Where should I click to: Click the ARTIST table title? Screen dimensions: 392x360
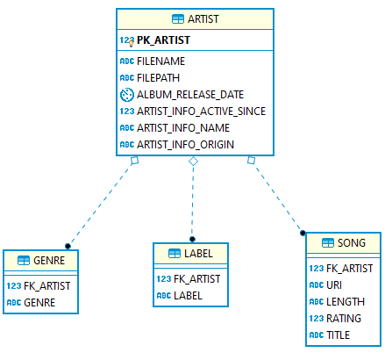coord(203,19)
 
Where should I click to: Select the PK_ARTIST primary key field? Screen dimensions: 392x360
coord(163,40)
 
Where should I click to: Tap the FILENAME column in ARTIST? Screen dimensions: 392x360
coord(160,61)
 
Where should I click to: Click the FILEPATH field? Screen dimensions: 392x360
coord(158,78)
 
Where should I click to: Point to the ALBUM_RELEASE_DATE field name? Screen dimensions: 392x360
coord(190,95)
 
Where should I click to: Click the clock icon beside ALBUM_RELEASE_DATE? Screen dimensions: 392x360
coord(127,95)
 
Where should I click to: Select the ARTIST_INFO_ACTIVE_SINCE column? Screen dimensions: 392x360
coord(201,112)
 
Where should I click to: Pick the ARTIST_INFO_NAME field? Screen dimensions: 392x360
coord(183,128)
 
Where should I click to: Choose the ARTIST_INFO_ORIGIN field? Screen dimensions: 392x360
coord(185,145)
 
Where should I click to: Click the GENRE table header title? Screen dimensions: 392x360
coord(49,261)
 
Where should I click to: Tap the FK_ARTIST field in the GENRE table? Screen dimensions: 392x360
coord(47,286)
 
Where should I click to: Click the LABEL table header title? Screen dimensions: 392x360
coord(198,254)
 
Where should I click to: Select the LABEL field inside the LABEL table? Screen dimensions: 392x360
coord(188,296)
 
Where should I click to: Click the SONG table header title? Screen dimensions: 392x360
coord(352,243)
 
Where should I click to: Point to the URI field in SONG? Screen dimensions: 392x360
coord(334,285)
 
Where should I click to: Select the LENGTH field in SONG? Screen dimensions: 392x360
coord(346,302)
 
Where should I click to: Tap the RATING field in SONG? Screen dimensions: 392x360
coord(344,319)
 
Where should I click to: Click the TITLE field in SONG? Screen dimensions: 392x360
coord(338,335)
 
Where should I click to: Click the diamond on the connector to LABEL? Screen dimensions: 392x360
coord(193,162)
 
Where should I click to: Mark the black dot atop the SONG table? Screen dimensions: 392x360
coord(303,233)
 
